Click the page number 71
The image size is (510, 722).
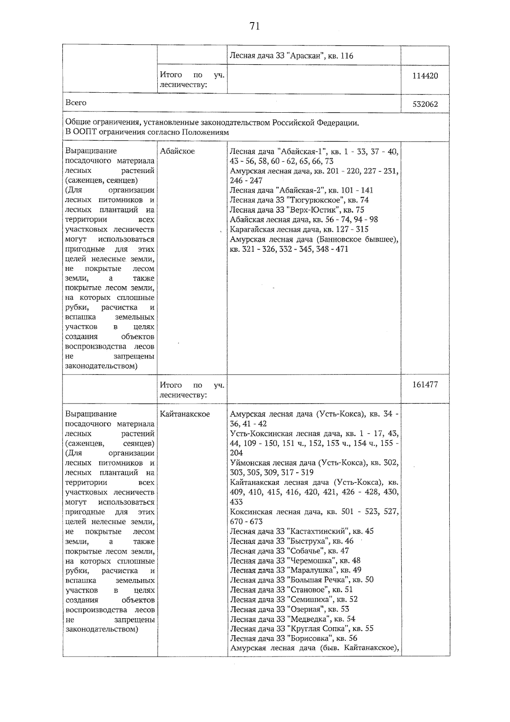(x=255, y=26)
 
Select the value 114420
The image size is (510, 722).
(x=425, y=76)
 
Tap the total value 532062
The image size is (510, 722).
(x=425, y=104)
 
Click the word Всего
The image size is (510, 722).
(x=76, y=103)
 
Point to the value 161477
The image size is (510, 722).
(x=425, y=385)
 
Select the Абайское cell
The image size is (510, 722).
(x=177, y=151)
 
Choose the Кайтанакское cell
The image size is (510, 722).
(x=185, y=414)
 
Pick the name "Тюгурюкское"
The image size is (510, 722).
(x=314, y=200)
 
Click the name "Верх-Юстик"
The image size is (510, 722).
(x=314, y=210)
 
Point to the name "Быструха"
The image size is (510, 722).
(x=309, y=541)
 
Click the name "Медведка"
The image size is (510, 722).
(x=309, y=619)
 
